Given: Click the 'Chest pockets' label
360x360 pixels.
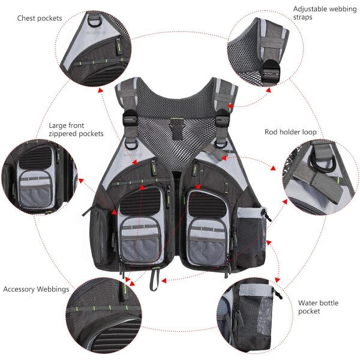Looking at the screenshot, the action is click(x=40, y=19).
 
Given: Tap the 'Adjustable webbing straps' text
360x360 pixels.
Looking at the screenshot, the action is click(x=325, y=13).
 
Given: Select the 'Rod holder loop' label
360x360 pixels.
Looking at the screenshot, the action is click(x=290, y=132).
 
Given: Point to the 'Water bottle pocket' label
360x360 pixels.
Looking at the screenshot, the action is click(x=318, y=307).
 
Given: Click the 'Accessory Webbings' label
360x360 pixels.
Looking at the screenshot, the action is click(x=36, y=289).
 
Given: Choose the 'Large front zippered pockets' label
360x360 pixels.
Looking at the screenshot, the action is click(x=76, y=130).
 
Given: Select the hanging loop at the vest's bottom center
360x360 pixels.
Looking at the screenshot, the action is click(x=154, y=279).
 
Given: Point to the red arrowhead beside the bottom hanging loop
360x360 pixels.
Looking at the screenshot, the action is click(x=164, y=281).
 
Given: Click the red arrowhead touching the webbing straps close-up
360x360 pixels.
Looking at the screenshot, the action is click(x=268, y=90).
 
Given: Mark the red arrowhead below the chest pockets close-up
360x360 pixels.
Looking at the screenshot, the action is click(x=100, y=90).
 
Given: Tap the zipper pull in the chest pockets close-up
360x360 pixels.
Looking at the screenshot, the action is click(x=119, y=46).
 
